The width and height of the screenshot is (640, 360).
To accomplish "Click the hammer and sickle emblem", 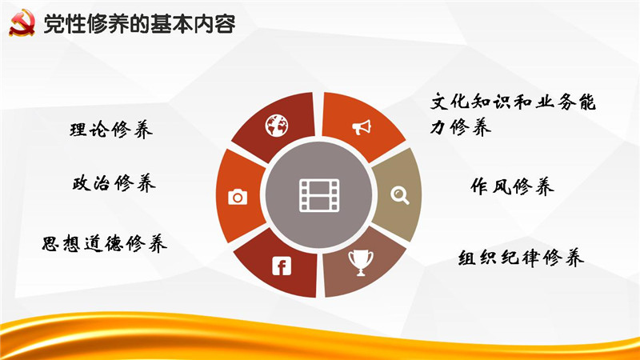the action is coord(22,23).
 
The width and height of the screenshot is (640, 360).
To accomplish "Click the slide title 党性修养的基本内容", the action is coord(139,24).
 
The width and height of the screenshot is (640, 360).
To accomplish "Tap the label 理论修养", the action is coord(111,130).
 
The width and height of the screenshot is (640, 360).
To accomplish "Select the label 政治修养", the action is coord(114,182).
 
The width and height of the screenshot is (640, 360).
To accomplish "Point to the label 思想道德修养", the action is coord(105,243).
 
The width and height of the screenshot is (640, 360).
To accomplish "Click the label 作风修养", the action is coord(512,186).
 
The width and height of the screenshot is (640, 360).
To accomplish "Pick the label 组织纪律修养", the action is coord(521,258).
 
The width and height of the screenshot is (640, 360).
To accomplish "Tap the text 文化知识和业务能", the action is coord(513,102).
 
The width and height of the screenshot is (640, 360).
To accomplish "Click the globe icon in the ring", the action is coord(276,126).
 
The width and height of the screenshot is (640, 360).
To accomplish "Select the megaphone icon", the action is coord(362,127).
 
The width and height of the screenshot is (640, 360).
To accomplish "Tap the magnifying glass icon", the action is coord(399,195).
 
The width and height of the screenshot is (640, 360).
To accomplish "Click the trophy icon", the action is coord(361,263).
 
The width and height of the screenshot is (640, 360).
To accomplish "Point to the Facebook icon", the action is coord(282,266).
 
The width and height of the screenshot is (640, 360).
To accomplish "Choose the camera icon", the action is coord(238,197).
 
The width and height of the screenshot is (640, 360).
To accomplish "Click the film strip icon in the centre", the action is coord(319,195).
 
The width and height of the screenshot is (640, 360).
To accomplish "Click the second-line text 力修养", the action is coord(461,127).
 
